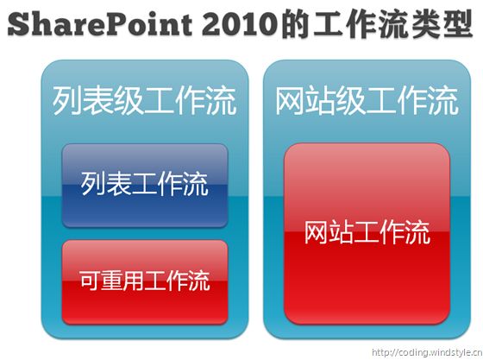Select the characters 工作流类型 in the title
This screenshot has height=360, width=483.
click(x=392, y=23)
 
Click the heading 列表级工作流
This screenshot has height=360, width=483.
click(x=145, y=101)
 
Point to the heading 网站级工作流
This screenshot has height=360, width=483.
click(x=367, y=101)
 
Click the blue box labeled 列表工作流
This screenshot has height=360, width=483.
click(x=145, y=186)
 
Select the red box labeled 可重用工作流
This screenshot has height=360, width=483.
click(x=145, y=282)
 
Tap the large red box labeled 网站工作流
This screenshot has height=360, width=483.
click(x=367, y=233)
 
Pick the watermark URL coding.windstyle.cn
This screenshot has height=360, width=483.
click(x=427, y=352)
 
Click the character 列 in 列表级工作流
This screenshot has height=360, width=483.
click(x=67, y=101)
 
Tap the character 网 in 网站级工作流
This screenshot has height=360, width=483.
click(x=290, y=101)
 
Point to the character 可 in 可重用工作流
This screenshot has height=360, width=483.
click(x=90, y=281)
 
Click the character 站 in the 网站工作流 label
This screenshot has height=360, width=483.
click(x=342, y=232)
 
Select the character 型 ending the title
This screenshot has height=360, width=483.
click(x=458, y=23)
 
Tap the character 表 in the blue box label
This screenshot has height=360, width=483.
click(x=118, y=184)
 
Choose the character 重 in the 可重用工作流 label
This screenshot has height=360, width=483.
click(x=111, y=281)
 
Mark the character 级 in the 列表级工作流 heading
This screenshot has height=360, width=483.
click(x=129, y=101)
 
